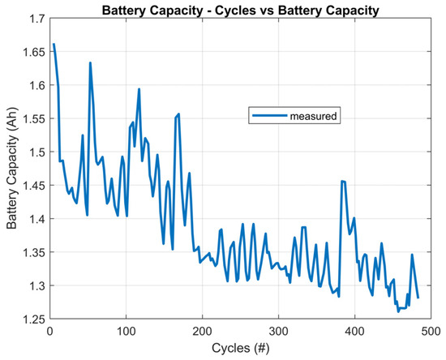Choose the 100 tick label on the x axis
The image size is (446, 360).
(x=126, y=331)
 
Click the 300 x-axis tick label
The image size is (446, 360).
(x=278, y=331)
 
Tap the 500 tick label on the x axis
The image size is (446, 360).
(x=431, y=331)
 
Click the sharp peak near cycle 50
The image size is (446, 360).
(x=90, y=62)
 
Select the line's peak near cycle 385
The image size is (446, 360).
(x=342, y=181)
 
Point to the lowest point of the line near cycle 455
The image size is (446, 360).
(x=398, y=311)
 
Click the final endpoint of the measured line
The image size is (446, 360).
(x=418, y=298)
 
